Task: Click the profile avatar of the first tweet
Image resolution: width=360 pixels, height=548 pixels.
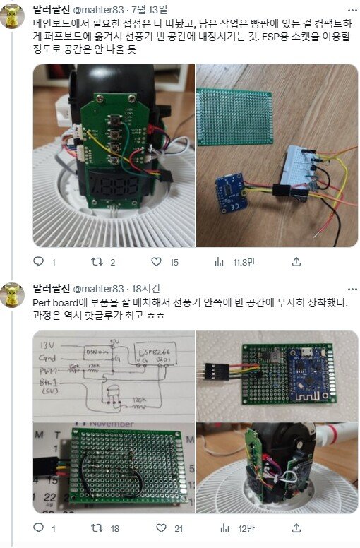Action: click(x=13, y=15)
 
